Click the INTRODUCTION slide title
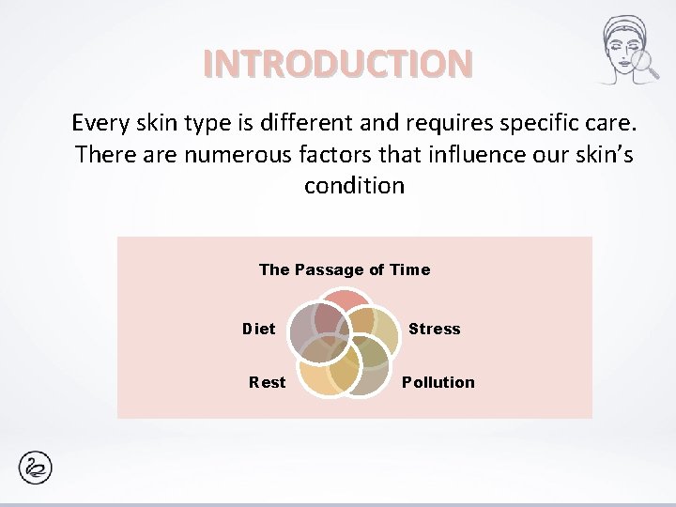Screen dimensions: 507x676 pyautogui.click(x=338, y=63)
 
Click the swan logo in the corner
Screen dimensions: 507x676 pyautogui.click(x=35, y=468)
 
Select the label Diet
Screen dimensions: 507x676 pyautogui.click(x=259, y=329)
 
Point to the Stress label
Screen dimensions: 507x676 pyautogui.click(x=434, y=329)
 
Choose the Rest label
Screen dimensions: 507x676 pyautogui.click(x=267, y=382)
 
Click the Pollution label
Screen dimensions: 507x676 pyautogui.click(x=438, y=382)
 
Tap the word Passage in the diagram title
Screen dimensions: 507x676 pyautogui.click(x=329, y=269)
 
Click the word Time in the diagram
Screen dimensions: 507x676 pyautogui.click(x=409, y=269)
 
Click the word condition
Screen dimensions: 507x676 pyautogui.click(x=354, y=186)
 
